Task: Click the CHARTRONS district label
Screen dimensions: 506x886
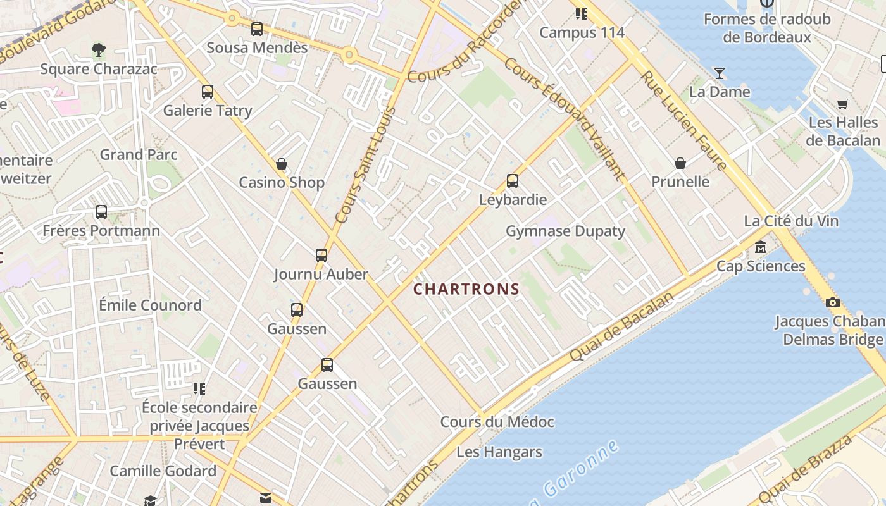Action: point(466,290)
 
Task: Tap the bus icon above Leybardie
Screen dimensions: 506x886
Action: point(513,182)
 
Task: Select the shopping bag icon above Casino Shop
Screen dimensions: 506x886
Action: point(282,164)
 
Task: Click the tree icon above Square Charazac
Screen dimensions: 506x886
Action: point(98,50)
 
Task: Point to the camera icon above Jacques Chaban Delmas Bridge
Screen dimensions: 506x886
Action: point(833,303)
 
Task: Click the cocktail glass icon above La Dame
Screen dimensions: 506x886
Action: point(720,73)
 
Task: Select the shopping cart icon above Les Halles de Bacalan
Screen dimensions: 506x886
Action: point(842,104)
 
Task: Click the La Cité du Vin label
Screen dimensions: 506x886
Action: point(791,221)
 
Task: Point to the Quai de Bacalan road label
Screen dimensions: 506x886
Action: point(621,328)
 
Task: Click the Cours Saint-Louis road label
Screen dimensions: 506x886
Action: point(365,166)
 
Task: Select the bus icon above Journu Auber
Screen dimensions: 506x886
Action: point(321,256)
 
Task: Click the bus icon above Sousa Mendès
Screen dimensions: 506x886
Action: point(257,29)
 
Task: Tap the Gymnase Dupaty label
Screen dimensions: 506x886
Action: point(565,231)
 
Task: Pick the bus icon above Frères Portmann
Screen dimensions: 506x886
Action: point(101,212)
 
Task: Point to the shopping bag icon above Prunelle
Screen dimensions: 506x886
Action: point(680,164)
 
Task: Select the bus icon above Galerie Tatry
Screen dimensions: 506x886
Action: point(208,92)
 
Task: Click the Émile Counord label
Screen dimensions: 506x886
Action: point(151,305)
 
